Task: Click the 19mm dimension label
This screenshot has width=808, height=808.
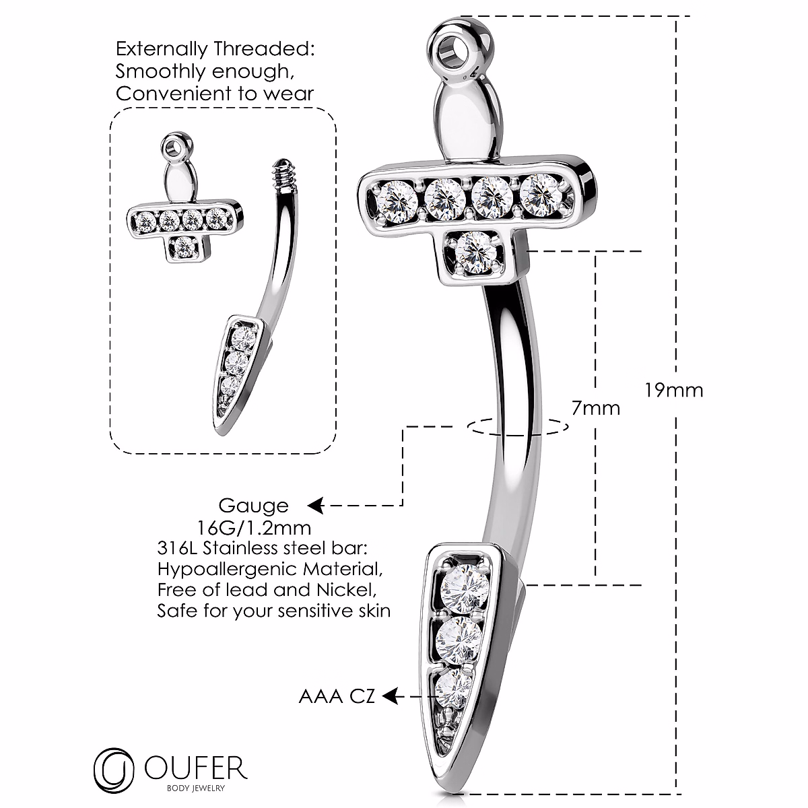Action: (673, 391)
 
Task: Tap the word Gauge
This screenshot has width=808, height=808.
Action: (253, 505)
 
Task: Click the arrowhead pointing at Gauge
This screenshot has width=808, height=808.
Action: (314, 505)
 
